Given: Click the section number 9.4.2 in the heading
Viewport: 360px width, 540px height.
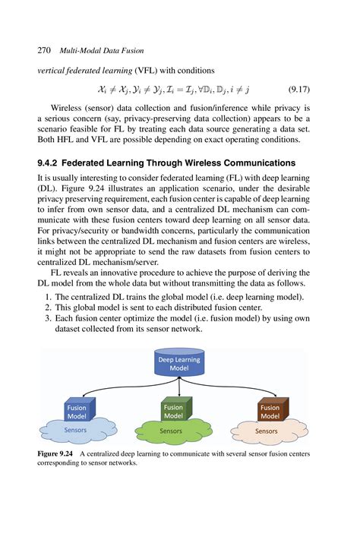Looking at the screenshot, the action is pos(53,162).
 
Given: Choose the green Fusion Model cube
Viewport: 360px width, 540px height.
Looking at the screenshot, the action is pos(174,412).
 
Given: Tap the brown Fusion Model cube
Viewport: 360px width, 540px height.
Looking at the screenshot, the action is pos(270,412).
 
